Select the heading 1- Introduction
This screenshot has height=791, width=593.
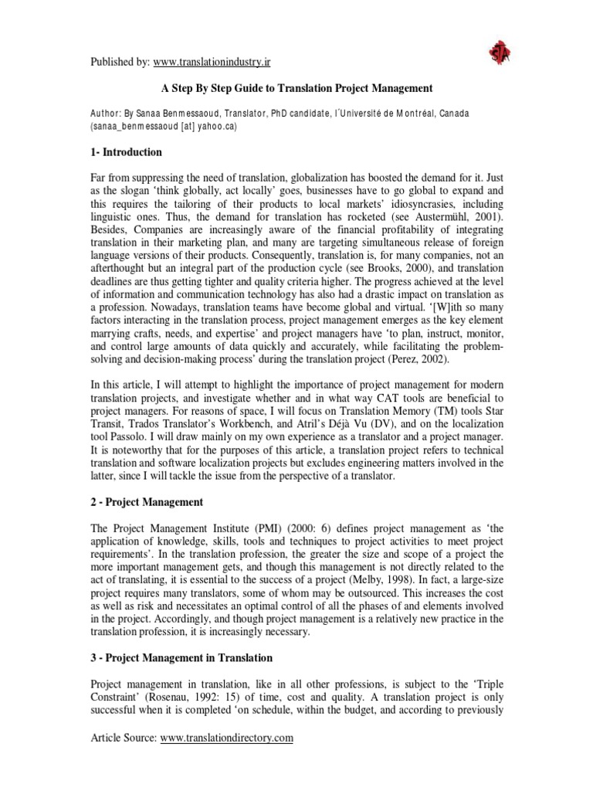pyautogui.click(x=127, y=151)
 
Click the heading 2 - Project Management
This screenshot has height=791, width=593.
pyautogui.click(x=147, y=502)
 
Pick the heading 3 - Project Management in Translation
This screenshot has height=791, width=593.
pyautogui.click(x=181, y=657)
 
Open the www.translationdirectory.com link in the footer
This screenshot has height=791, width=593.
pyautogui.click(x=227, y=738)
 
